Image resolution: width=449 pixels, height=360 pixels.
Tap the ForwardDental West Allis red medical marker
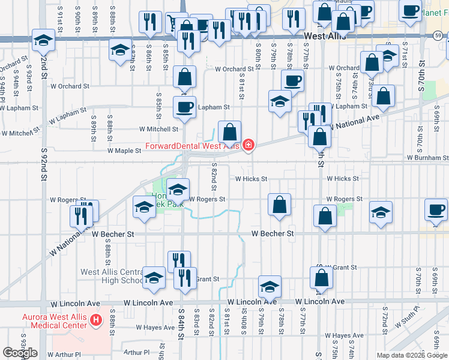[247, 145]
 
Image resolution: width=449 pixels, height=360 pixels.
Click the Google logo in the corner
[20, 353]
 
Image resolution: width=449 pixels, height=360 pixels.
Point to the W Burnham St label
[427, 157]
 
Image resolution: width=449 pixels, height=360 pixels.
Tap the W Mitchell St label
[158, 129]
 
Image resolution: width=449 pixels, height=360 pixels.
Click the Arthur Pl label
[136, 352]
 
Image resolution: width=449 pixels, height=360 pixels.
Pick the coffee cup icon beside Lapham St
[184, 107]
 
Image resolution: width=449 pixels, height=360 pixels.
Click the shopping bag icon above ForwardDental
[229, 131]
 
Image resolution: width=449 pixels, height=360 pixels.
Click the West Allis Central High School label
[113, 276]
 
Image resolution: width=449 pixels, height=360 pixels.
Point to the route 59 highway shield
[439, 36]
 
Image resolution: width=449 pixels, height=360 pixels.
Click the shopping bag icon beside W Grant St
[321, 277]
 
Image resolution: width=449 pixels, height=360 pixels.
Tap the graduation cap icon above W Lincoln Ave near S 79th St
[270, 287]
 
